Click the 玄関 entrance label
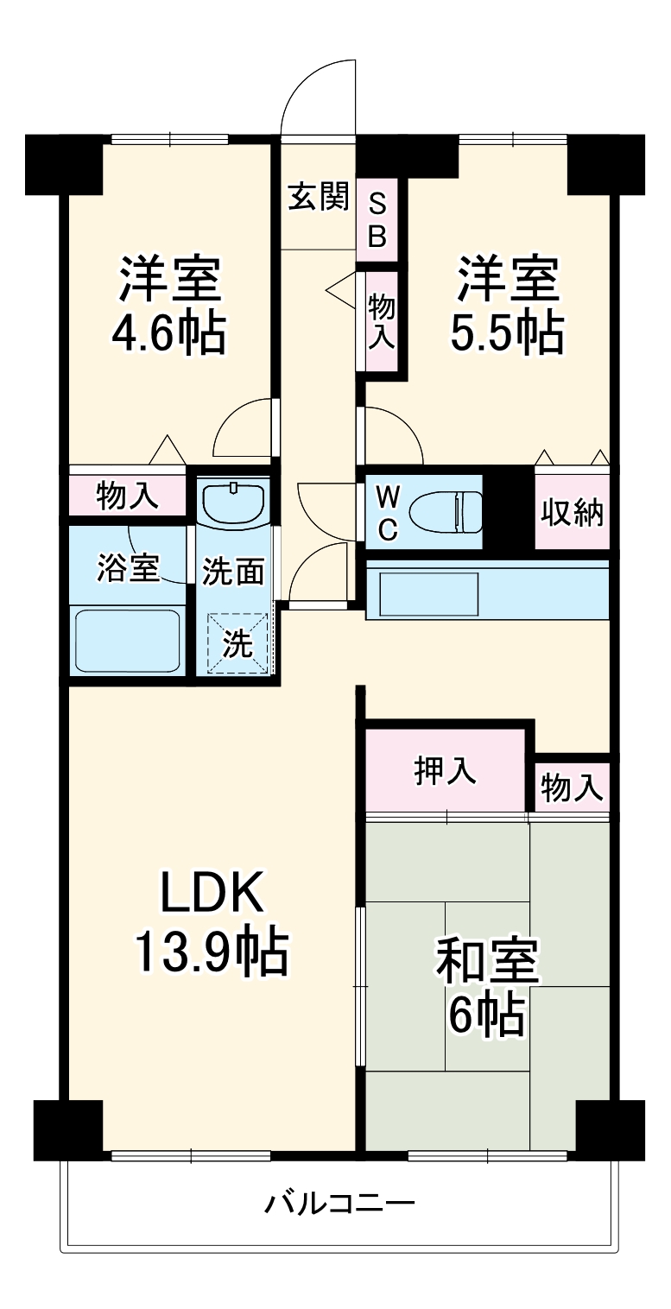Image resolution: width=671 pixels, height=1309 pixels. coord(319,199)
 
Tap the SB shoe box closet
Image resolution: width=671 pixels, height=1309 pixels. coord(377,220)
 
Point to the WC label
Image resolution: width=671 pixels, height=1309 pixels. coord(388,514)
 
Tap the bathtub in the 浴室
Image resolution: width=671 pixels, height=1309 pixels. coord(127,641)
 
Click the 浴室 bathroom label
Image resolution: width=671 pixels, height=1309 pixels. coord(127,570)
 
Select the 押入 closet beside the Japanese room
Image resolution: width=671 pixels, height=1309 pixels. coord(446,771)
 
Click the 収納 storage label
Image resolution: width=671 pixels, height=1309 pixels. coord(572,513)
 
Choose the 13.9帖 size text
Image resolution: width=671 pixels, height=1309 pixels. coord(210,952)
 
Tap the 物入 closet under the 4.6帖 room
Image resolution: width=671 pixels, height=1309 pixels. coord(127,496)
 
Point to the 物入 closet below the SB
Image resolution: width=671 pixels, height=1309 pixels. coord(382,320)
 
